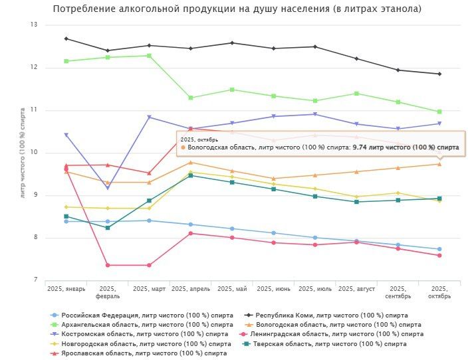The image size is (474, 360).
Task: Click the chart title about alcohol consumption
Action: pyautogui.click(x=237, y=9)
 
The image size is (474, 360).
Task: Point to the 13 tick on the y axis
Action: pyautogui.click(x=34, y=25)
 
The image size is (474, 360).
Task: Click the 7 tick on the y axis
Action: pyautogui.click(x=36, y=280)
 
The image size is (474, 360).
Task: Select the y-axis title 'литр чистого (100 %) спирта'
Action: pyautogui.click(x=23, y=152)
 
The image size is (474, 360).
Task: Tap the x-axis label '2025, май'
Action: pyautogui.click(x=232, y=289)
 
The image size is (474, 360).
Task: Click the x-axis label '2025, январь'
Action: pyautogui.click(x=66, y=289)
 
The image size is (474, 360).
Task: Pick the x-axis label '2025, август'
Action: pyautogui.click(x=356, y=289)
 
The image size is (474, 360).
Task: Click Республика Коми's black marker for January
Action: pyautogui.click(x=66, y=39)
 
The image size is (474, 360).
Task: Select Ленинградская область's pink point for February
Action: pyautogui.click(x=108, y=265)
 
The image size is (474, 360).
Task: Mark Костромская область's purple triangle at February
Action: pyautogui.click(x=108, y=188)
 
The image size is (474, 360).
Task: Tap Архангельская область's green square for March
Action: pyautogui.click(x=149, y=56)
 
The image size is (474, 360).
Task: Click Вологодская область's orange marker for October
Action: pyautogui.click(x=439, y=164)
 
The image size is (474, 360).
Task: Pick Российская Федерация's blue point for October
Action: pyautogui.click(x=439, y=249)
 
